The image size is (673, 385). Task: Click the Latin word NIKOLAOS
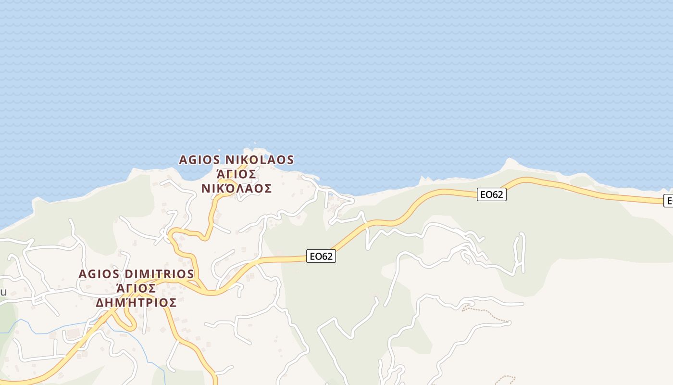click(260, 160)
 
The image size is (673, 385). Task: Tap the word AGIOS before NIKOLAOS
click(199, 160)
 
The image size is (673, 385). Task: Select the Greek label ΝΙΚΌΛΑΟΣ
click(236, 188)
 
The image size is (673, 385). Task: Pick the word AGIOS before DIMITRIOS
click(99, 274)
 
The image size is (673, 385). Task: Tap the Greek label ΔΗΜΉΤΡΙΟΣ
click(136, 303)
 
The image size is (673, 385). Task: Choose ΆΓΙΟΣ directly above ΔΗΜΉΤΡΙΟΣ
click(136, 288)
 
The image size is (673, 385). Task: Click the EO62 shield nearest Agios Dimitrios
click(321, 257)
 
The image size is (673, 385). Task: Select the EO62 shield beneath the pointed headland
click(492, 194)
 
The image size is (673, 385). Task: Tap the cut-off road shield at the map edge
click(668, 201)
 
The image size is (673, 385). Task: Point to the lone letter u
click(3, 292)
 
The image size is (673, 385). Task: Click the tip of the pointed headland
click(509, 159)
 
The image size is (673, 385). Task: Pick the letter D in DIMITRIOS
click(128, 274)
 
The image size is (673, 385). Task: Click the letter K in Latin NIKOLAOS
click(242, 160)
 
